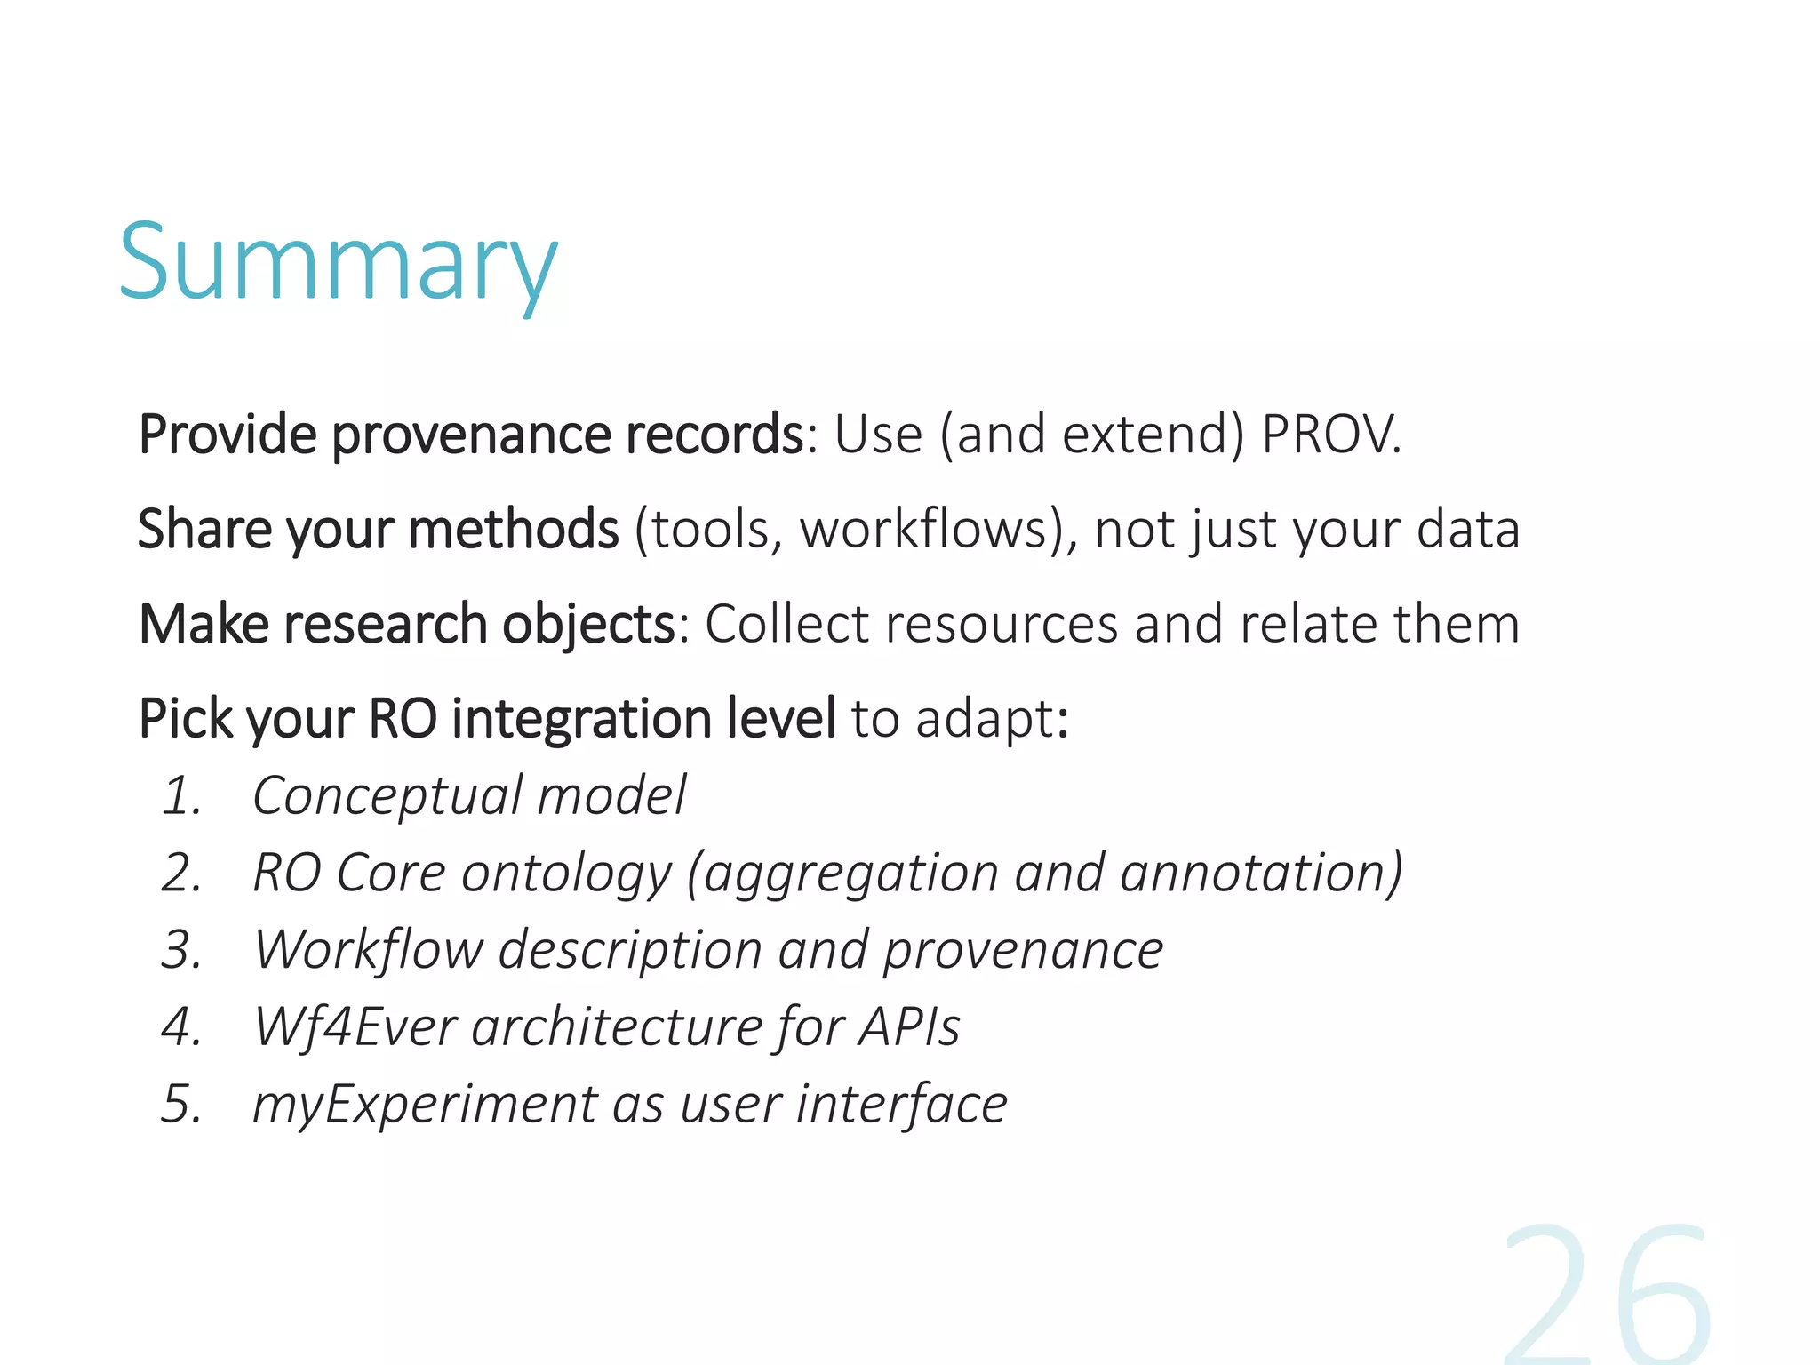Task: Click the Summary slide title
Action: pos(338,264)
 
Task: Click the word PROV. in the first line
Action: pos(1330,435)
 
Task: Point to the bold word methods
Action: pos(513,530)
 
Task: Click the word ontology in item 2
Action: pos(566,874)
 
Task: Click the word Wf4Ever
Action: pos(355,1027)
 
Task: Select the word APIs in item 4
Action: pos(909,1027)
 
